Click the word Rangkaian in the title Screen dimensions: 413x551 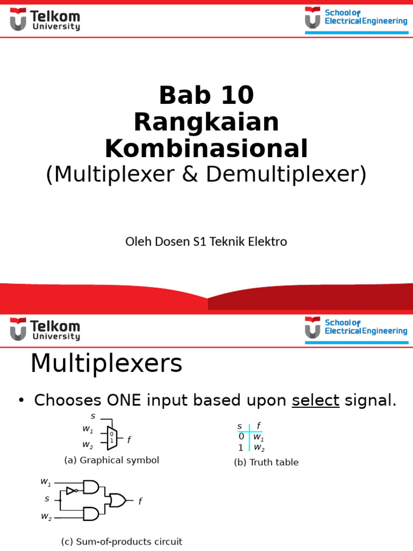[x=206, y=122]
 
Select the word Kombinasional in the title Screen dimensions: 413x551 [x=206, y=149]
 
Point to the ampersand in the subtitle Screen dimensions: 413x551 [x=190, y=174]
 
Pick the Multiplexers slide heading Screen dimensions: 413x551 [x=106, y=363]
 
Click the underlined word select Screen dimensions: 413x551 [x=315, y=400]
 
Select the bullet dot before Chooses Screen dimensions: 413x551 [x=22, y=400]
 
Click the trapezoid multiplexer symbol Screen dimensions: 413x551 [x=112, y=439]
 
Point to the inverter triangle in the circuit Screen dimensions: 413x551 [x=70, y=491]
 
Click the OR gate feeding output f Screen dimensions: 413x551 [x=117, y=500]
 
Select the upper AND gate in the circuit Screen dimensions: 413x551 [x=91, y=486]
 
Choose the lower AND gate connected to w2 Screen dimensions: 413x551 [x=91, y=514]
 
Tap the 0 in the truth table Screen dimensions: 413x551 [x=241, y=436]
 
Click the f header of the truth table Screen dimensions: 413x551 [x=259, y=426]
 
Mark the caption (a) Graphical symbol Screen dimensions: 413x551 [x=112, y=461]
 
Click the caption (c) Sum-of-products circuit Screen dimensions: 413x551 [x=122, y=541]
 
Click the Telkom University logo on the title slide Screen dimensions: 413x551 [x=45, y=20]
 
